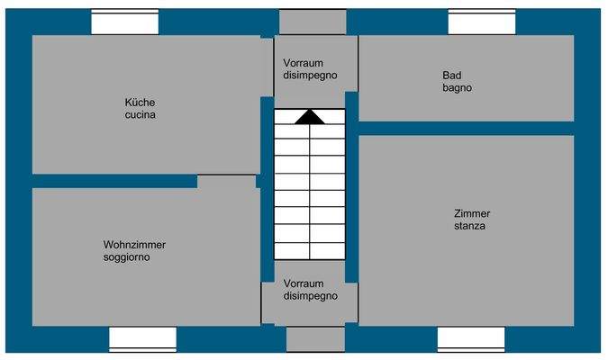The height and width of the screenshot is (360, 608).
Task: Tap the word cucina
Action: pos(140,115)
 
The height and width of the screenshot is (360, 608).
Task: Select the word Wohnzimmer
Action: pos(134,245)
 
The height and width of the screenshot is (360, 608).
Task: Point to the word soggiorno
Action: pos(127,257)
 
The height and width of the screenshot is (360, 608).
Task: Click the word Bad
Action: pos(451,76)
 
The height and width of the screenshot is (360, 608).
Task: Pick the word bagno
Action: pos(458,88)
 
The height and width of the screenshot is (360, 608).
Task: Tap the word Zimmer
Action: pos(472,213)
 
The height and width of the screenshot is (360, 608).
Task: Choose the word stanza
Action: pos(470,226)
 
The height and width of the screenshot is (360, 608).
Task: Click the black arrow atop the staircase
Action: pos(309,116)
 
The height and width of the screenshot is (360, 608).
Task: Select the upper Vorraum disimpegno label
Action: pos(310,69)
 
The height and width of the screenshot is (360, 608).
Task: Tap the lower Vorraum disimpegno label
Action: pos(311,289)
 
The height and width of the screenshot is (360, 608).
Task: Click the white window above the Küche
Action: pos(125,22)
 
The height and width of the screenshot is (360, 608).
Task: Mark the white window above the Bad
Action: pos(481,22)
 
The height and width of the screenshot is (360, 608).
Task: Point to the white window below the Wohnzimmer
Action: pos(142,338)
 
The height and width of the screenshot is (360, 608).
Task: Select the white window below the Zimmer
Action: pos(470,338)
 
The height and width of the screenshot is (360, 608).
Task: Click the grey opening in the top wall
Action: pos(312,22)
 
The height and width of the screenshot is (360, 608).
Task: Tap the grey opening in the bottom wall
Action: pos(315,338)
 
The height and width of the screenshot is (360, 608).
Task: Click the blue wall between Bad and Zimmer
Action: pos(467,128)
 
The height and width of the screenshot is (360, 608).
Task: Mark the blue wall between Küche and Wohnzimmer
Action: pos(114,181)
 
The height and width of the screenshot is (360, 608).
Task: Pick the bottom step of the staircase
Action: pos(309,251)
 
